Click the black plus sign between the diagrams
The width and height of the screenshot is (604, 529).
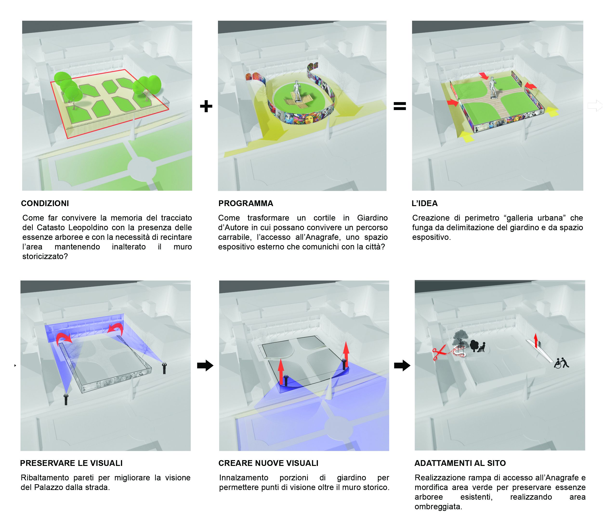point(206,106)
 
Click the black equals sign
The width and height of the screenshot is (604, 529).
point(400,106)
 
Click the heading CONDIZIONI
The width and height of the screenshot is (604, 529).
point(45,203)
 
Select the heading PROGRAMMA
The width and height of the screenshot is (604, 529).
point(246,203)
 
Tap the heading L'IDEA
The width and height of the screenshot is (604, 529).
point(425,203)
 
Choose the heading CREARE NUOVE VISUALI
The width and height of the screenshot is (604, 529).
point(268,463)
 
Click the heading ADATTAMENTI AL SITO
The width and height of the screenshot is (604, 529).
point(460,463)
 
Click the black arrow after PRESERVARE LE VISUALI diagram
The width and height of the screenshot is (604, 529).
point(205,366)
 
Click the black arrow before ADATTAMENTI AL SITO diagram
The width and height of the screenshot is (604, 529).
point(402,366)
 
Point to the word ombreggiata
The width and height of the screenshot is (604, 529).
point(438,507)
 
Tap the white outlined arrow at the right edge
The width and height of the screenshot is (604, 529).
point(595,105)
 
